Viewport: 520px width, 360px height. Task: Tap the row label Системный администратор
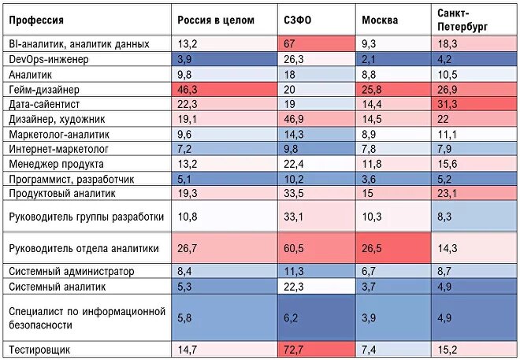click(71, 271)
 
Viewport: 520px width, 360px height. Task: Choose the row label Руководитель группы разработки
click(86, 217)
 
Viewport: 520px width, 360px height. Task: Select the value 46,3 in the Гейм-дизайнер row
click(188, 89)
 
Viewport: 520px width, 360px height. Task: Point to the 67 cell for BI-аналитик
click(289, 45)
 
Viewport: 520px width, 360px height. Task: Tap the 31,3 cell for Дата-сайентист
click(448, 104)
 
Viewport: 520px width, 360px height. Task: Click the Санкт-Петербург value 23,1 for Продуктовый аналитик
click(448, 193)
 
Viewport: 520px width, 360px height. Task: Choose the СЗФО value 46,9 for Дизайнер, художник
click(295, 119)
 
